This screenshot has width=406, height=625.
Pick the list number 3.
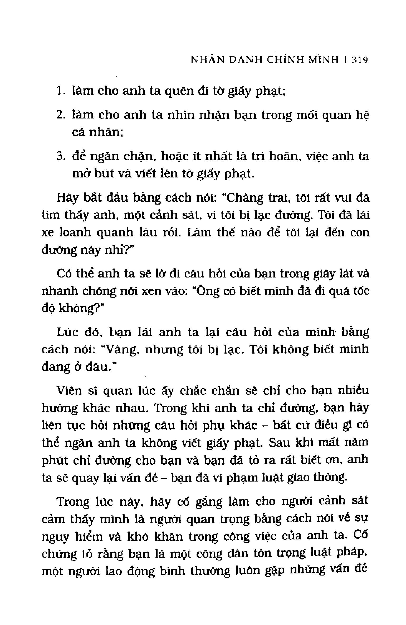[60, 156]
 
